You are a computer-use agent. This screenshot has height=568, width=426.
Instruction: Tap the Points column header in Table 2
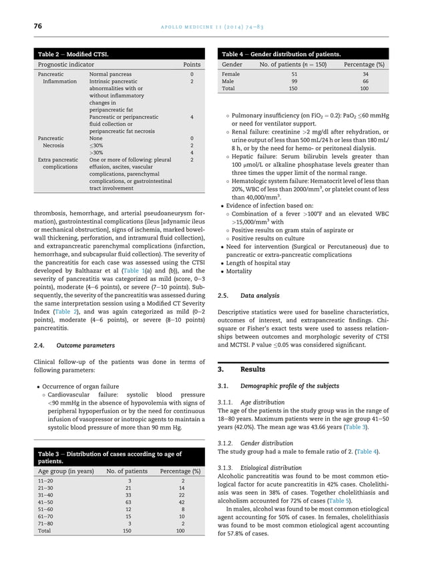pos(192,64)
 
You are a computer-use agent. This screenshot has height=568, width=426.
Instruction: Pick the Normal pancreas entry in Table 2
pos(110,74)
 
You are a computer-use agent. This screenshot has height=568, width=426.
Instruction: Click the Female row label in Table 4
pos(231,74)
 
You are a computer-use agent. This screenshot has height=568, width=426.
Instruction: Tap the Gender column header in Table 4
pos(232,64)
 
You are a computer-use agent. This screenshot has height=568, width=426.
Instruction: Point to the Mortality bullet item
pos(241,272)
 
